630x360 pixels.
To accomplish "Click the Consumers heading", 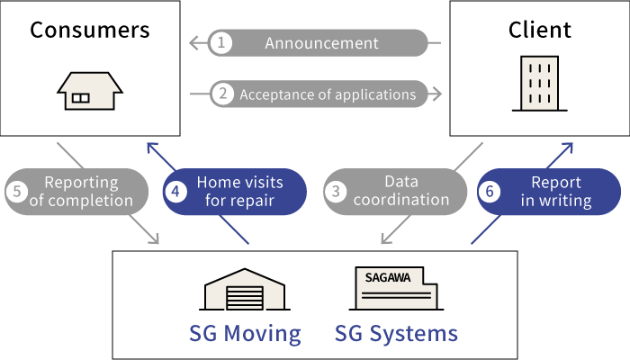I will click(90, 30).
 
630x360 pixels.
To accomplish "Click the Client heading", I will click(539, 30).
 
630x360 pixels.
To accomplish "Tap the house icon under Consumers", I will click(90, 91).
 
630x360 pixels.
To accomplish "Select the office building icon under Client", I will click(539, 84).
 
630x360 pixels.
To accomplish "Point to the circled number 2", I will click(222, 94).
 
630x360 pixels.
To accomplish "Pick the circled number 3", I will click(336, 191).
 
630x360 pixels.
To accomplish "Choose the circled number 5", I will click(18, 191).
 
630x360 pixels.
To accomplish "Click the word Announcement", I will click(321, 42).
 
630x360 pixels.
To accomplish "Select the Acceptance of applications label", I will click(328, 94).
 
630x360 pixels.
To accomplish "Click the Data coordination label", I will click(400, 191).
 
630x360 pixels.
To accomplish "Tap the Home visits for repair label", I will click(239, 191).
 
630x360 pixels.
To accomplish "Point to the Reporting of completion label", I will click(81, 191).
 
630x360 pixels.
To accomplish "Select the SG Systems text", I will click(396, 334).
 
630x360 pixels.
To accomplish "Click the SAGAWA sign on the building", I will click(388, 277).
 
